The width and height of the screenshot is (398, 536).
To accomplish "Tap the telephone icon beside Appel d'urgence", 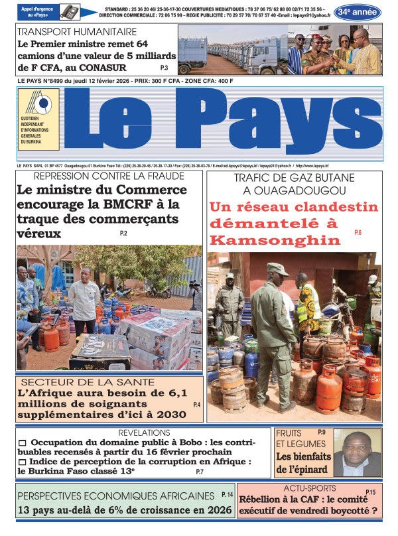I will [x=69, y=12].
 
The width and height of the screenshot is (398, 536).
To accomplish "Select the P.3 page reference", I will [x=164, y=68].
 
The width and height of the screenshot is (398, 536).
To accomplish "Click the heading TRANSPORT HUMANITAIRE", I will [x=77, y=31].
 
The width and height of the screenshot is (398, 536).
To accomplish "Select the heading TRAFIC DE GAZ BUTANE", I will [x=294, y=178].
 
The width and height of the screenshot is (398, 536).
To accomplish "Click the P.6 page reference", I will [x=358, y=232].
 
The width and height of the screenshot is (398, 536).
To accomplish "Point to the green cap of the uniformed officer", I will [x=277, y=269].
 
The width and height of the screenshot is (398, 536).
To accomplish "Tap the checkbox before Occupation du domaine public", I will [x=22, y=443].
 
